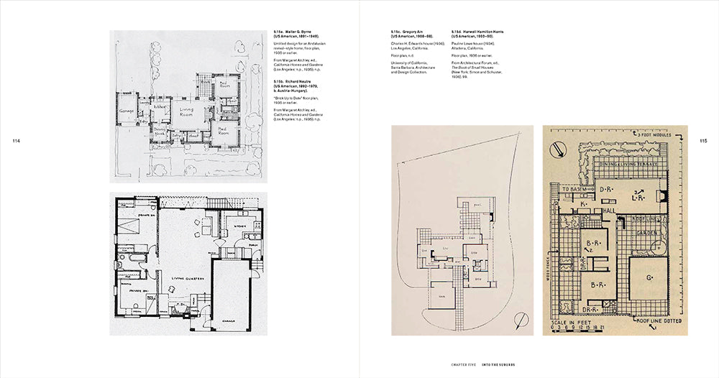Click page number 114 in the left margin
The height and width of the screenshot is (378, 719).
(16, 141)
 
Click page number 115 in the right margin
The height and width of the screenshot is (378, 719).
(703, 141)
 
